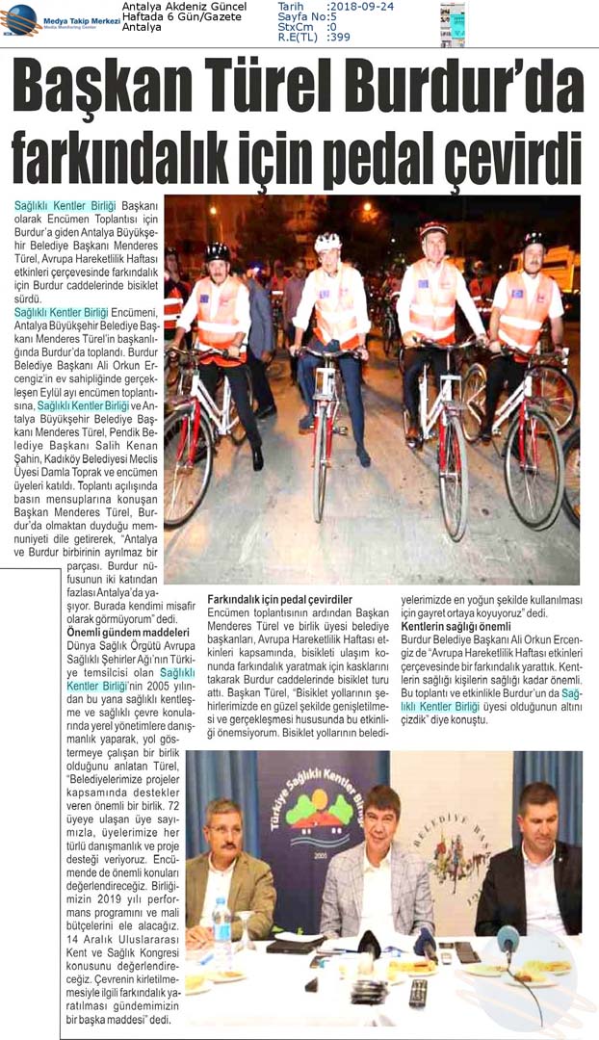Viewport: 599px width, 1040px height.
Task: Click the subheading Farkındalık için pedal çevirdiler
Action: (280, 598)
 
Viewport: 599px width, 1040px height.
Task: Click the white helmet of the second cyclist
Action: (328, 242)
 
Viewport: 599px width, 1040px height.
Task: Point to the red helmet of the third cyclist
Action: (432, 230)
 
